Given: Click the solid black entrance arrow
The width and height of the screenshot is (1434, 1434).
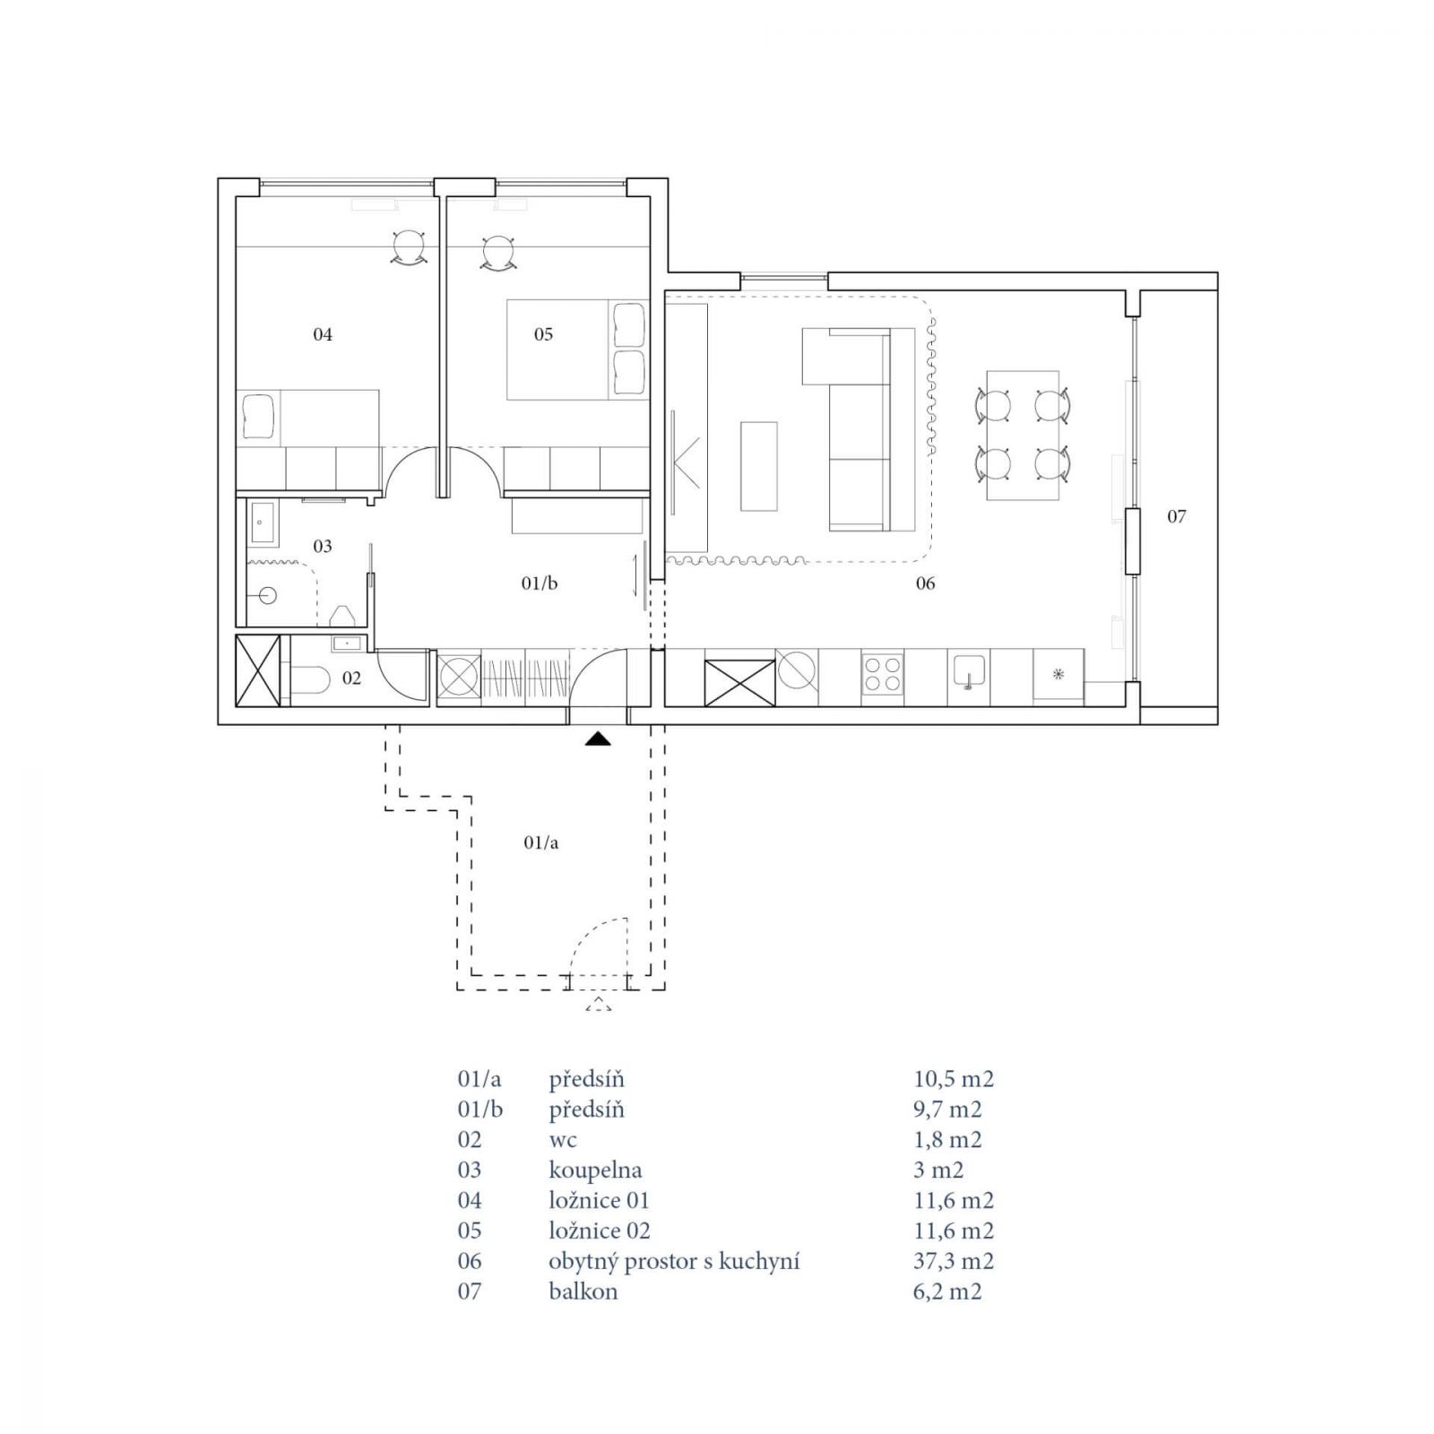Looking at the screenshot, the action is tap(598, 739).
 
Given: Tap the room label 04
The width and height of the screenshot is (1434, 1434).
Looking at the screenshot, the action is tap(323, 334).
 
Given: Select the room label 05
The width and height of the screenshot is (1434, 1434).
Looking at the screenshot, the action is tap(543, 334).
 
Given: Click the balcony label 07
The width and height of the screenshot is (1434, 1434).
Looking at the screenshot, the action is tap(1177, 516).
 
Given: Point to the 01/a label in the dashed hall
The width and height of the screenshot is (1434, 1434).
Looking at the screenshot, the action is tap(540, 842).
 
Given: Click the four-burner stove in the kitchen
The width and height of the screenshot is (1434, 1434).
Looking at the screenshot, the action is tap(882, 673).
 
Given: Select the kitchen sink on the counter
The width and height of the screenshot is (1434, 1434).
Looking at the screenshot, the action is tap(969, 672).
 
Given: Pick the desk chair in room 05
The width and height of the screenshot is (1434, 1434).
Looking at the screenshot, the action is tap(497, 252).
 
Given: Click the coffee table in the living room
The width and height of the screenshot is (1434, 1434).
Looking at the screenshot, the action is tap(758, 466).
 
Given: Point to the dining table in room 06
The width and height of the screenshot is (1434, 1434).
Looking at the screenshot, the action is tap(1022, 436).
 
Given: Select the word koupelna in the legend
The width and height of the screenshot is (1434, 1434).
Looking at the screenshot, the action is tap(595, 1171).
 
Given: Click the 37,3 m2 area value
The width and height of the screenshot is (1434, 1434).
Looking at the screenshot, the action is tap(954, 1261).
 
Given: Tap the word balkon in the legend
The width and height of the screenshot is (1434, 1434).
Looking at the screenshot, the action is tap(583, 1291).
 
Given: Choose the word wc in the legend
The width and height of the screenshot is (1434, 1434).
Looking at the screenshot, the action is tap(563, 1141).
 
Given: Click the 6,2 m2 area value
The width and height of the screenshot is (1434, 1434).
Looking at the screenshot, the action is tap(947, 1291).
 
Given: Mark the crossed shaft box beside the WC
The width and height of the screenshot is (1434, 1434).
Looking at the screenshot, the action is tap(258, 670).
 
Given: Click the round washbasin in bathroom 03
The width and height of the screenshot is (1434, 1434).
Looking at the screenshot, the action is tap(265, 595).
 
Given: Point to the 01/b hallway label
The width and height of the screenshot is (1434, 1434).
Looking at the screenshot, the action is tap(540, 583).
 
